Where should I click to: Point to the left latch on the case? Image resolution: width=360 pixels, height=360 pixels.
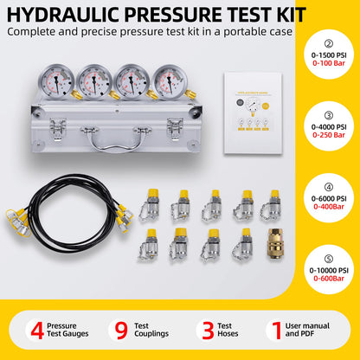click(57, 129)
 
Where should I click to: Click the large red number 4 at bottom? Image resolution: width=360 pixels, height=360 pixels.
click(36, 330)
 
